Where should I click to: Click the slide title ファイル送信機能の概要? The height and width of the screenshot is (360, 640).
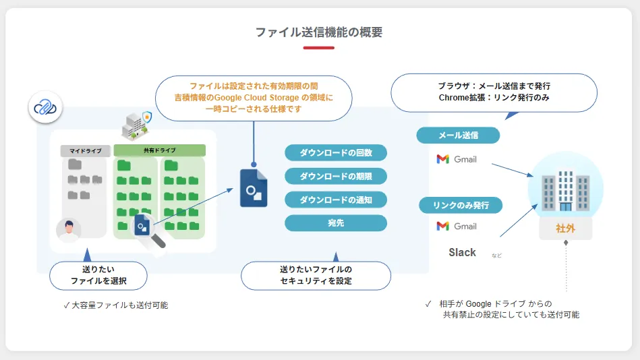click(x=319, y=32)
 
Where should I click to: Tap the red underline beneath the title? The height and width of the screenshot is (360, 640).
click(x=319, y=48)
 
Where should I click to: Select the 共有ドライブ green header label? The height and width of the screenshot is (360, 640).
click(x=159, y=150)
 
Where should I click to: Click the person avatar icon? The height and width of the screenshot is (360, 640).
click(x=69, y=229)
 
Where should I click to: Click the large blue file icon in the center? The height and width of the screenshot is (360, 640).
click(x=254, y=188)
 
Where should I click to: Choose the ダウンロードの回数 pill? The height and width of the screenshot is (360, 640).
click(x=336, y=152)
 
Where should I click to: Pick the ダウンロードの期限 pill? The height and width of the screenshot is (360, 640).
click(x=336, y=176)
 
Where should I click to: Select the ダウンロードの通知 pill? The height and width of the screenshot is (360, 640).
click(x=336, y=200)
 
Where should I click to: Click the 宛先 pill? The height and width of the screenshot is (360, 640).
click(x=336, y=222)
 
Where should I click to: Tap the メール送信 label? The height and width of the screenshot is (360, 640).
click(x=458, y=135)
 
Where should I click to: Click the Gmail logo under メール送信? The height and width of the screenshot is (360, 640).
click(x=457, y=159)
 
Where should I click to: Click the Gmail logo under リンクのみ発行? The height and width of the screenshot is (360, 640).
click(x=457, y=226)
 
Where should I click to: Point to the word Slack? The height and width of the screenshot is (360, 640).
click(x=463, y=252)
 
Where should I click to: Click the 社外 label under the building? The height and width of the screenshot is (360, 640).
click(x=565, y=229)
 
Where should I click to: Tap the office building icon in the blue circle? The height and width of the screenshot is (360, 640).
click(x=565, y=186)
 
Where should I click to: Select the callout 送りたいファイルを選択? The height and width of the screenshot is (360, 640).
click(x=98, y=275)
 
